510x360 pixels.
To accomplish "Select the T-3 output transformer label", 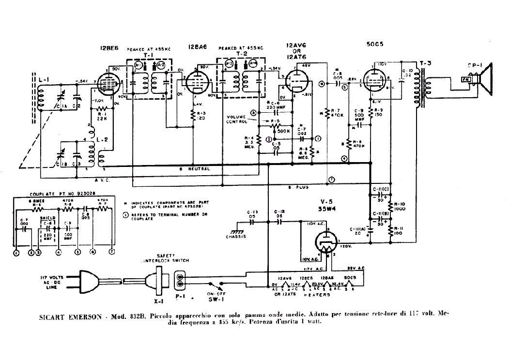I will point(425,63).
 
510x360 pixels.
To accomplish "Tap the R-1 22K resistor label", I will point(102,115).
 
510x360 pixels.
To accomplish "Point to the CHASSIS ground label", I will point(236,237).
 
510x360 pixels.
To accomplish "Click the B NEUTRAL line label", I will point(194,169).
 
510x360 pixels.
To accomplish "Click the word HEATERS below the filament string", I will point(317,294).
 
